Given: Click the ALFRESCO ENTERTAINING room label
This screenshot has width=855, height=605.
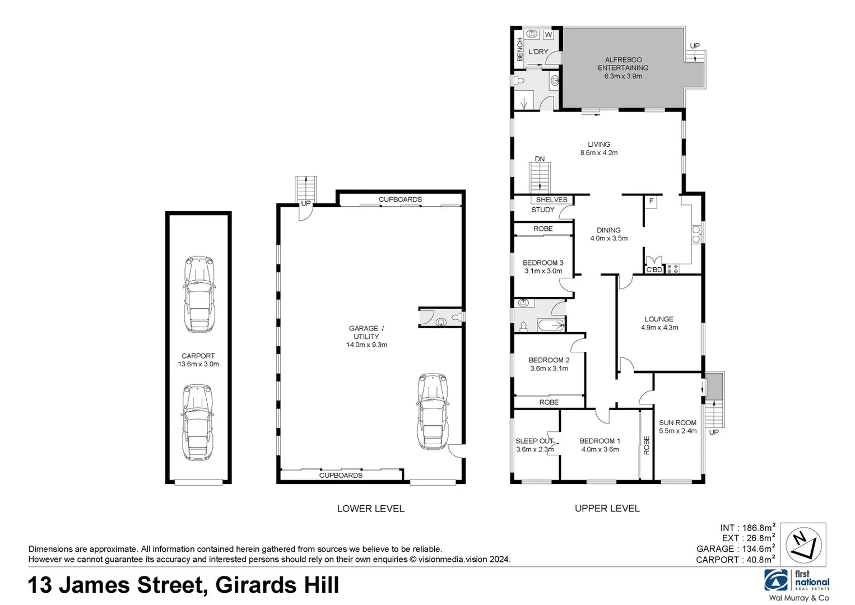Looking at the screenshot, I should pyautogui.click(x=622, y=68).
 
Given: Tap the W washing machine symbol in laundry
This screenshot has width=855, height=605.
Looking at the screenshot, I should pyautogui.click(x=548, y=35).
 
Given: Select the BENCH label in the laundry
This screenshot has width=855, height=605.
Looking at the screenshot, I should pyautogui.click(x=519, y=50).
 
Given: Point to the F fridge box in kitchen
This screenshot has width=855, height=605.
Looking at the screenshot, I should pyautogui.click(x=650, y=202).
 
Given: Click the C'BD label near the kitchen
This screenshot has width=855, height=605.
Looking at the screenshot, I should pyautogui.click(x=654, y=269).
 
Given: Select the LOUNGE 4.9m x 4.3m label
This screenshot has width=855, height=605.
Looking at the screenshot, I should pyautogui.click(x=659, y=323).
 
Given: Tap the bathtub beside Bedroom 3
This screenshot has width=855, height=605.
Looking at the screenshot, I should pyautogui.click(x=550, y=325).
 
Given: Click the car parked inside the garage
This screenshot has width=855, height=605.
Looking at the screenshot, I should pyautogui.click(x=433, y=412).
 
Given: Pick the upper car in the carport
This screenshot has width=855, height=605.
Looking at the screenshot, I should pyautogui.click(x=199, y=295).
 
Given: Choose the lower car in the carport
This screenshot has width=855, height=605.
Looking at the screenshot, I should pyautogui.click(x=197, y=422).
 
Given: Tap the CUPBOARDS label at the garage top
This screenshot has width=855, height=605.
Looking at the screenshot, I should pyautogui.click(x=400, y=199).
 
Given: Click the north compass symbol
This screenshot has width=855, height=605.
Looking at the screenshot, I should pyautogui.click(x=803, y=544).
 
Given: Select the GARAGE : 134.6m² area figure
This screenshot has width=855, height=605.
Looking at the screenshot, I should pyautogui.click(x=735, y=549).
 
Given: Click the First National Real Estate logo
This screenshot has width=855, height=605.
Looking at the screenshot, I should pyautogui.click(x=796, y=581).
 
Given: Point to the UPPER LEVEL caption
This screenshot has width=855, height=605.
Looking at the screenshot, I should pyautogui.click(x=607, y=509).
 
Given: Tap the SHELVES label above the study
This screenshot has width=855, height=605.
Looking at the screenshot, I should pyautogui.click(x=551, y=200).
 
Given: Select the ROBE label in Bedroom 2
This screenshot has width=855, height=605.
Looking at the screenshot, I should pyautogui.click(x=549, y=402).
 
